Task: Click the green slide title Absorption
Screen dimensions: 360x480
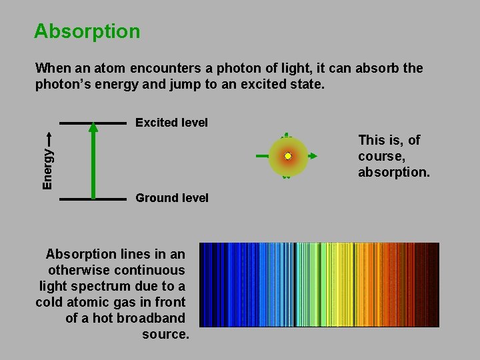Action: click(x=87, y=31)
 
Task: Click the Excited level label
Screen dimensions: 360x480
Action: click(x=171, y=123)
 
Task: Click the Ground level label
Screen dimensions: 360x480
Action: click(x=171, y=198)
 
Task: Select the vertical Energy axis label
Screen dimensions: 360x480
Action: click(x=47, y=167)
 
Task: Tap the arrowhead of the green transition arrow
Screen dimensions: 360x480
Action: click(x=93, y=128)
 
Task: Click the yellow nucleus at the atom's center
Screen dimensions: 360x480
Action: click(x=288, y=156)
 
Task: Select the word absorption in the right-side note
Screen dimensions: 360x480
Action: click(x=394, y=173)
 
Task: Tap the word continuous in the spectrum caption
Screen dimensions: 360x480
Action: click(x=150, y=270)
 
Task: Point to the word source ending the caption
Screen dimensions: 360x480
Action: click(x=165, y=334)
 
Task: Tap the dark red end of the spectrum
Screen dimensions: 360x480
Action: click(x=431, y=285)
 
